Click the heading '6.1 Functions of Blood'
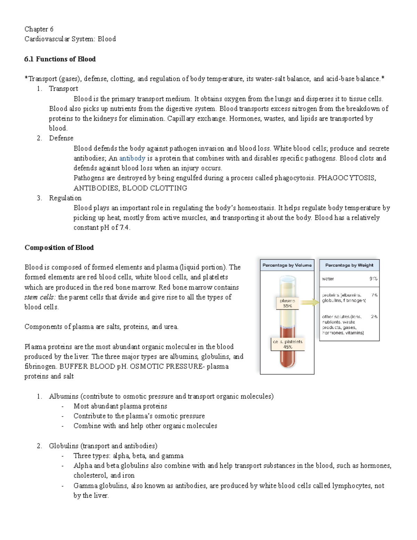click(60, 59)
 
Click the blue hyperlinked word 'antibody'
click(132, 158)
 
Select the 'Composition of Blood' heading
click(59, 248)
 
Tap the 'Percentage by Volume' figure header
click(287, 265)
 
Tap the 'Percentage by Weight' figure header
click(349, 265)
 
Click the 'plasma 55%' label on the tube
click(287, 303)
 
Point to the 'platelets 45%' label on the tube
click(287, 344)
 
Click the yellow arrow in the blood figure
click(310, 303)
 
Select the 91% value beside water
click(373, 279)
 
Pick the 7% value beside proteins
click(374, 295)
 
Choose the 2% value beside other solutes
click(374, 317)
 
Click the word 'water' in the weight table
click(328, 279)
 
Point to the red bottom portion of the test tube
click(287, 358)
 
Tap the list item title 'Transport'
click(63, 89)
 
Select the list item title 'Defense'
click(61, 138)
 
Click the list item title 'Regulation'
click(65, 198)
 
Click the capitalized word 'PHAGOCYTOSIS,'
click(347, 178)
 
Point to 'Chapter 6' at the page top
click(39, 29)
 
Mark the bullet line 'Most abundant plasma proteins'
click(120, 406)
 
